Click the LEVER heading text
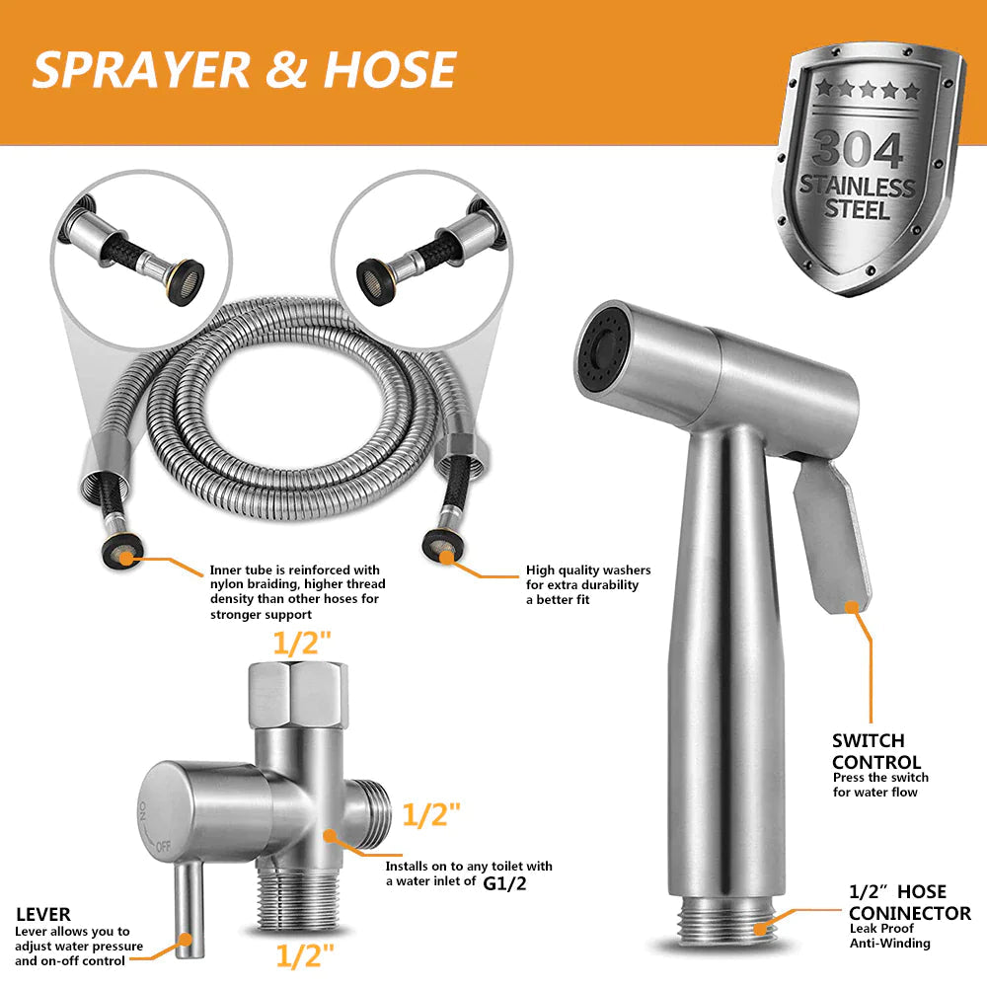pos(42,915)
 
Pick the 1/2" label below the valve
pos(304,955)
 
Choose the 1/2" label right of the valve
pos(431,814)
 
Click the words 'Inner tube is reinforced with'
pos(294,569)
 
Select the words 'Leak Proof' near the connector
pos(881,928)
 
